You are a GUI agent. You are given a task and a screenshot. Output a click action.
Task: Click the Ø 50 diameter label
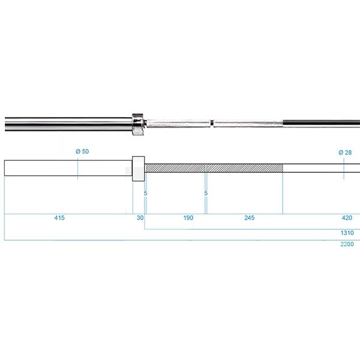point(82,152)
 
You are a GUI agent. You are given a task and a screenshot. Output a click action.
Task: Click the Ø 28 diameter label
point(345,152)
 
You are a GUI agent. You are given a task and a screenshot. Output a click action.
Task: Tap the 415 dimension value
point(59,218)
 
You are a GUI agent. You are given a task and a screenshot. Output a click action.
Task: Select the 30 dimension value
point(140,218)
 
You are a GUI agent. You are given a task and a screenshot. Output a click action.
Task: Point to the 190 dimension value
point(188,218)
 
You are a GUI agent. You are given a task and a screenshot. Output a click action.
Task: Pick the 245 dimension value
point(250,218)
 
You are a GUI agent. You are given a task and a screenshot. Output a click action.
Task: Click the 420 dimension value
point(347,218)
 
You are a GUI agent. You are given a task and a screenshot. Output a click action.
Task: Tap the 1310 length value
point(347,233)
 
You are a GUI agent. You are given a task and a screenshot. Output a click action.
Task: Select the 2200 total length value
point(347,244)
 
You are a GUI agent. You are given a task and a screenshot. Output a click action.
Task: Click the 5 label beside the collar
point(146,193)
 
